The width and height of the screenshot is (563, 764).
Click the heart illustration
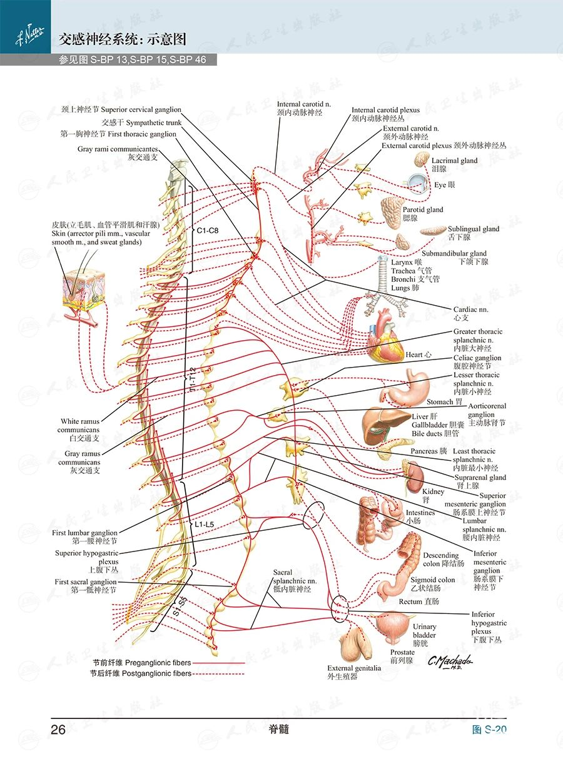(x=385, y=336)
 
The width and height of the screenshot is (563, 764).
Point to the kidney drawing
(x=415, y=478)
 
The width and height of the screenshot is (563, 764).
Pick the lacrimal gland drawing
(x=422, y=159)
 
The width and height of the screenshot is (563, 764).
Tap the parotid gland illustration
(x=392, y=213)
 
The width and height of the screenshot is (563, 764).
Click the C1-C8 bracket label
(x=208, y=231)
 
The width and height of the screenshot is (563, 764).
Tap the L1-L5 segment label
(x=205, y=524)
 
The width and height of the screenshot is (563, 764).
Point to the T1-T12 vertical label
(x=193, y=379)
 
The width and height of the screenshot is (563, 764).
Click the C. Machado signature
(x=450, y=661)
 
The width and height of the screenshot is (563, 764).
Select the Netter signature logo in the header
(x=29, y=35)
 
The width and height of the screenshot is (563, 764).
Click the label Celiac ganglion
(x=477, y=358)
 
